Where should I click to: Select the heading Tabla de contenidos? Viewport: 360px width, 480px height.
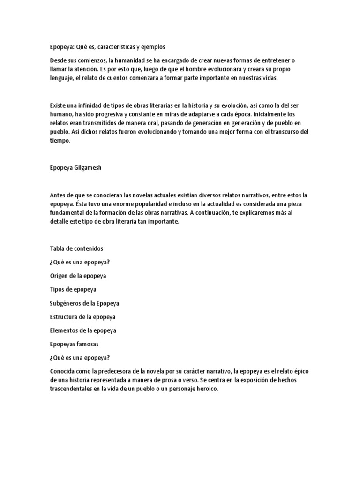[76, 248]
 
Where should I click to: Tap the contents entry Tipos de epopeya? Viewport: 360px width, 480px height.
[73, 289]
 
